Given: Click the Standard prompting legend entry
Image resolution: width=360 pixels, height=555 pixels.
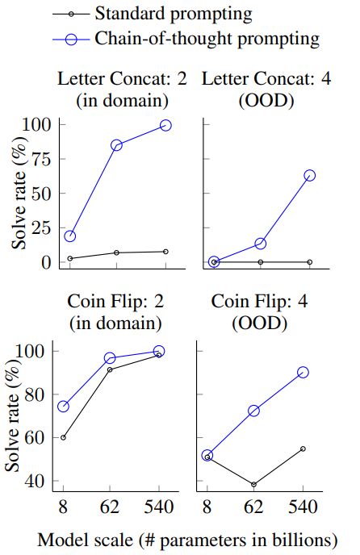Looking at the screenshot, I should pos(173,14).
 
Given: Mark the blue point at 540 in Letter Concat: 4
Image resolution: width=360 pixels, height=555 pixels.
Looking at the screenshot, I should pos(309,175).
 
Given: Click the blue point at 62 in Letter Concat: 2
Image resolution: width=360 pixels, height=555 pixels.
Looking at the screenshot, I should pos(116,145).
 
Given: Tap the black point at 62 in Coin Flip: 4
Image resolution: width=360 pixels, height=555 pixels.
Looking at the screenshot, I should pos(254,485).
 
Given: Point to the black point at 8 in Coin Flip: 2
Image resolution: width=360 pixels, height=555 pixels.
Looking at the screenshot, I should pos(63,437).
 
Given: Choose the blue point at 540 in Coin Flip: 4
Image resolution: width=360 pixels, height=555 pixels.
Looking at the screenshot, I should pos(303,372).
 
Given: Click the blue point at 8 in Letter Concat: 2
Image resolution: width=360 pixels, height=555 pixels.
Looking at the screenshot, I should pos(69,236).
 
